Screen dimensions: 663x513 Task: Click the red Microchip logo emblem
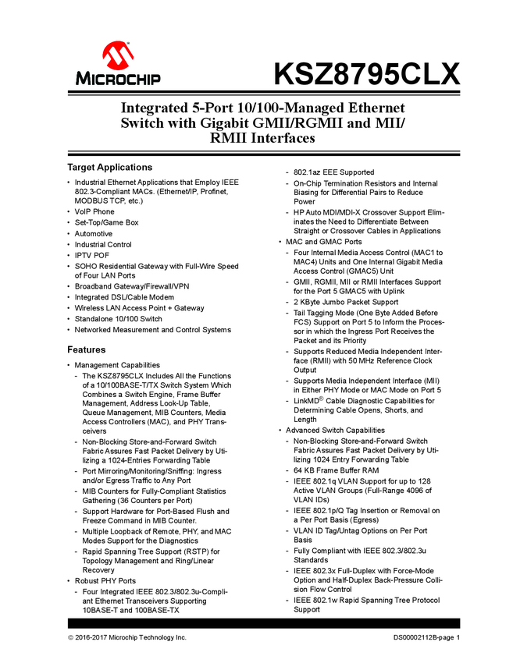tap(118, 56)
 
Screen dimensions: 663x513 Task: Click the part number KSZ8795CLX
tap(366, 75)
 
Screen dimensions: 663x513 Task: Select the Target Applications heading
tap(109, 168)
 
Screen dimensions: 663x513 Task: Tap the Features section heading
tap(86, 349)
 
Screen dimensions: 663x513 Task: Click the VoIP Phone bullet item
tap(94, 211)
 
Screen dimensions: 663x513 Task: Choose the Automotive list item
tap(94, 233)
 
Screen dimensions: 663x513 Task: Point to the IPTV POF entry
tap(92, 255)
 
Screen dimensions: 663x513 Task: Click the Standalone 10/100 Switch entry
tap(118, 319)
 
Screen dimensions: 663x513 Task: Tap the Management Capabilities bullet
tap(117, 365)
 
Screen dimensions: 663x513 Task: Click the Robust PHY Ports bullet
tap(105, 582)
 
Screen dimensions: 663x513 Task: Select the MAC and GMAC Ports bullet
tap(323, 242)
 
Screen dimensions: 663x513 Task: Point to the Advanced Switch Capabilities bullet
tap(335, 431)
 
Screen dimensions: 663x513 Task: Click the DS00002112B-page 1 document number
tap(426, 639)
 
